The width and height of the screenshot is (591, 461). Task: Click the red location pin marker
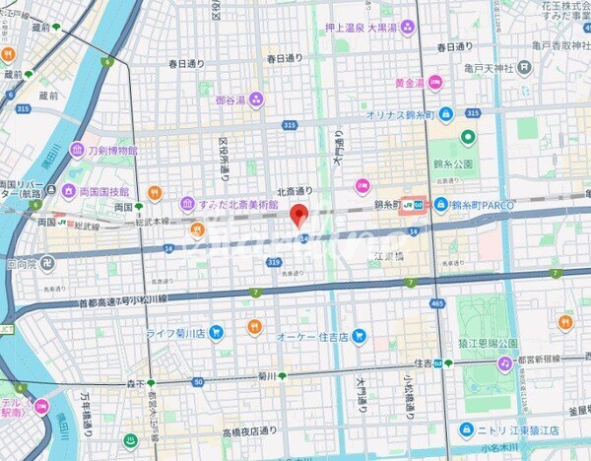[300, 215]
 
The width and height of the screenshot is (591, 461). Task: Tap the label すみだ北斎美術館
[232, 204]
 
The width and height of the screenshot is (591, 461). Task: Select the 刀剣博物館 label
[112, 150]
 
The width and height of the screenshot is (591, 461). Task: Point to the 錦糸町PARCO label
[486, 204]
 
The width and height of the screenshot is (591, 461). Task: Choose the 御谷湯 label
[232, 99]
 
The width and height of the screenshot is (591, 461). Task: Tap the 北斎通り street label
[295, 191]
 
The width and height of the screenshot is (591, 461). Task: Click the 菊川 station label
[258, 375]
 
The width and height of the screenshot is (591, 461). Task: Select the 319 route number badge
[273, 262]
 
